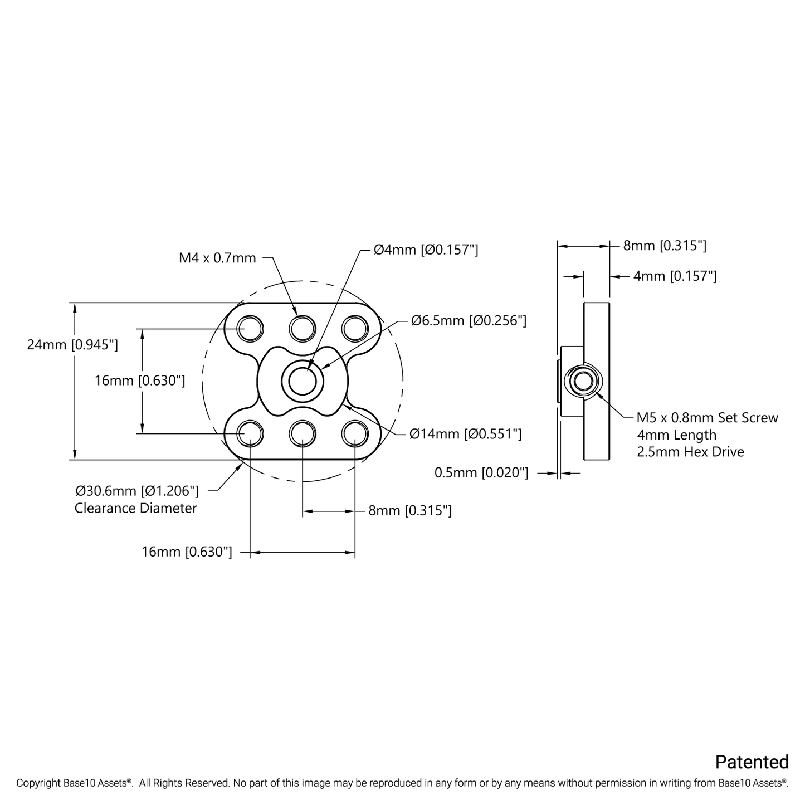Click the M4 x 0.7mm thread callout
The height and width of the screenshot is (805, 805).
click(x=217, y=258)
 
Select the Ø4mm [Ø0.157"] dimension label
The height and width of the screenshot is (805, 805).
click(x=426, y=250)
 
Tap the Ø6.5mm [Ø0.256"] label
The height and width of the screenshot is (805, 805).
click(x=469, y=320)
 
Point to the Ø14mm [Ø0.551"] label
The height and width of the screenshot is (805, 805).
click(x=465, y=434)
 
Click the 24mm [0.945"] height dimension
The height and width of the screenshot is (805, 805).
click(x=72, y=345)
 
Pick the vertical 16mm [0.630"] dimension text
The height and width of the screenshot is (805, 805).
click(x=140, y=380)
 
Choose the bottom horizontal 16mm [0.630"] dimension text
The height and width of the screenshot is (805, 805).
click(x=187, y=552)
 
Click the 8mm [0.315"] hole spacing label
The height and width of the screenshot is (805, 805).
click(x=410, y=510)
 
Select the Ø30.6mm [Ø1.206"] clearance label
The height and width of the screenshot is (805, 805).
click(x=137, y=491)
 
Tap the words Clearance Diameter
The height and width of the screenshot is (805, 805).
click(x=135, y=508)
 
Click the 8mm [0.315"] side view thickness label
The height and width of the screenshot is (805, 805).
click(x=665, y=245)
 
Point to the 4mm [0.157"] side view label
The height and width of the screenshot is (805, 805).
click(x=675, y=276)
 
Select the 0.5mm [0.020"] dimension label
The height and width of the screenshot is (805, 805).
click(x=481, y=473)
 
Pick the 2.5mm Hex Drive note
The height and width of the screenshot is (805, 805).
click(x=690, y=452)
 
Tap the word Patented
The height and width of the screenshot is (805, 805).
click(x=752, y=762)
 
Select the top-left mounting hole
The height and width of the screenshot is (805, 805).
click(x=250, y=329)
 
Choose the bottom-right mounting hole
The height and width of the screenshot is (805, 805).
click(x=355, y=433)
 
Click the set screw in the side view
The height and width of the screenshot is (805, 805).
click(x=583, y=381)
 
